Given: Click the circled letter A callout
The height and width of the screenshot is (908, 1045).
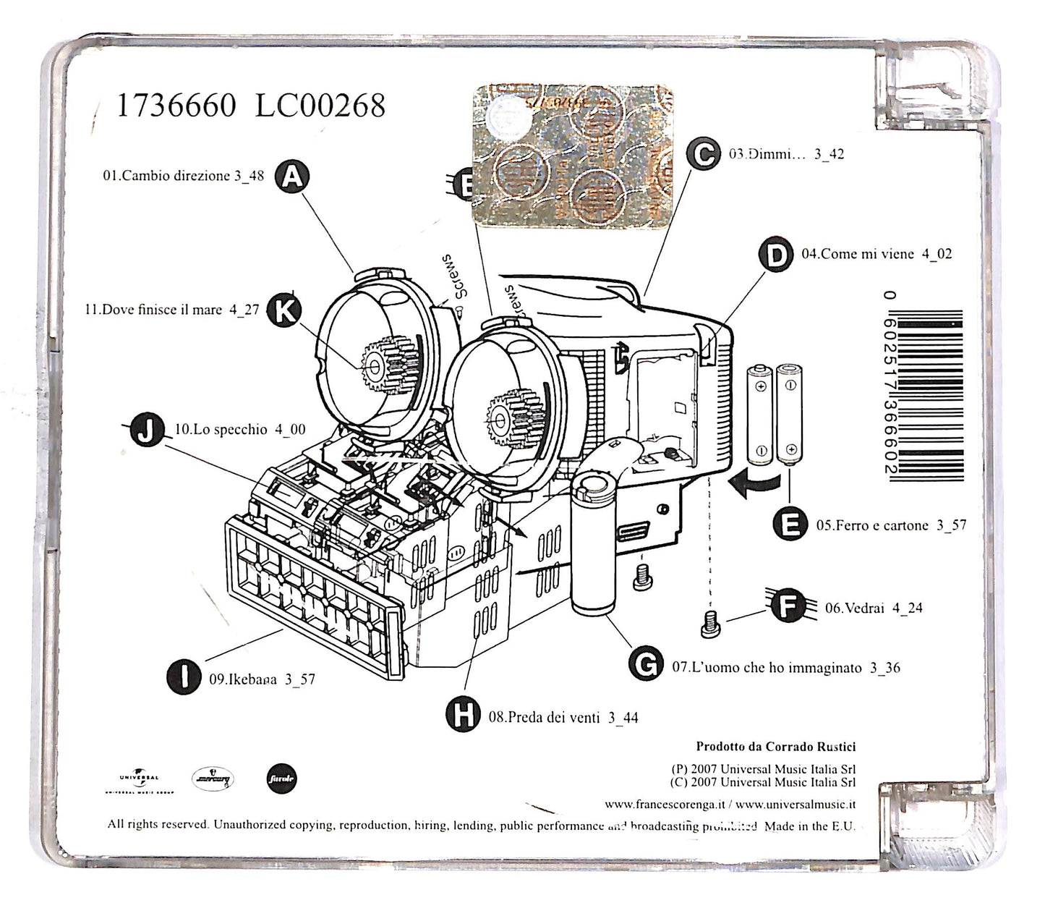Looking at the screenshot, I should point(292,176).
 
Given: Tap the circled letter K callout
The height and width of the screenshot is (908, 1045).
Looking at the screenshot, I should point(285,310).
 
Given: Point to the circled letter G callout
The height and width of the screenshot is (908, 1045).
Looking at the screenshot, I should point(646,663).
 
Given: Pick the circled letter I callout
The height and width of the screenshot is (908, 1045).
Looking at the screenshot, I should point(184,676).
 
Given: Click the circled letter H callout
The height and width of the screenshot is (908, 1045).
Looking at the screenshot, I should point(463,716).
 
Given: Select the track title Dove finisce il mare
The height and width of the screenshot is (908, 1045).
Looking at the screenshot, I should point(153,310).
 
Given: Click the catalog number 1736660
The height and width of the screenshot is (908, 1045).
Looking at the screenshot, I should point(176,106).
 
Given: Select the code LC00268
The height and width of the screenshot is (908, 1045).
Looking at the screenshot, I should point(320,106).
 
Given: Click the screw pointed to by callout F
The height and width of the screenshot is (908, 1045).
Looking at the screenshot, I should point(709,623).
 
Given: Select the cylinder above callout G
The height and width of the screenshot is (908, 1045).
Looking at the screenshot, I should point(594,543).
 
